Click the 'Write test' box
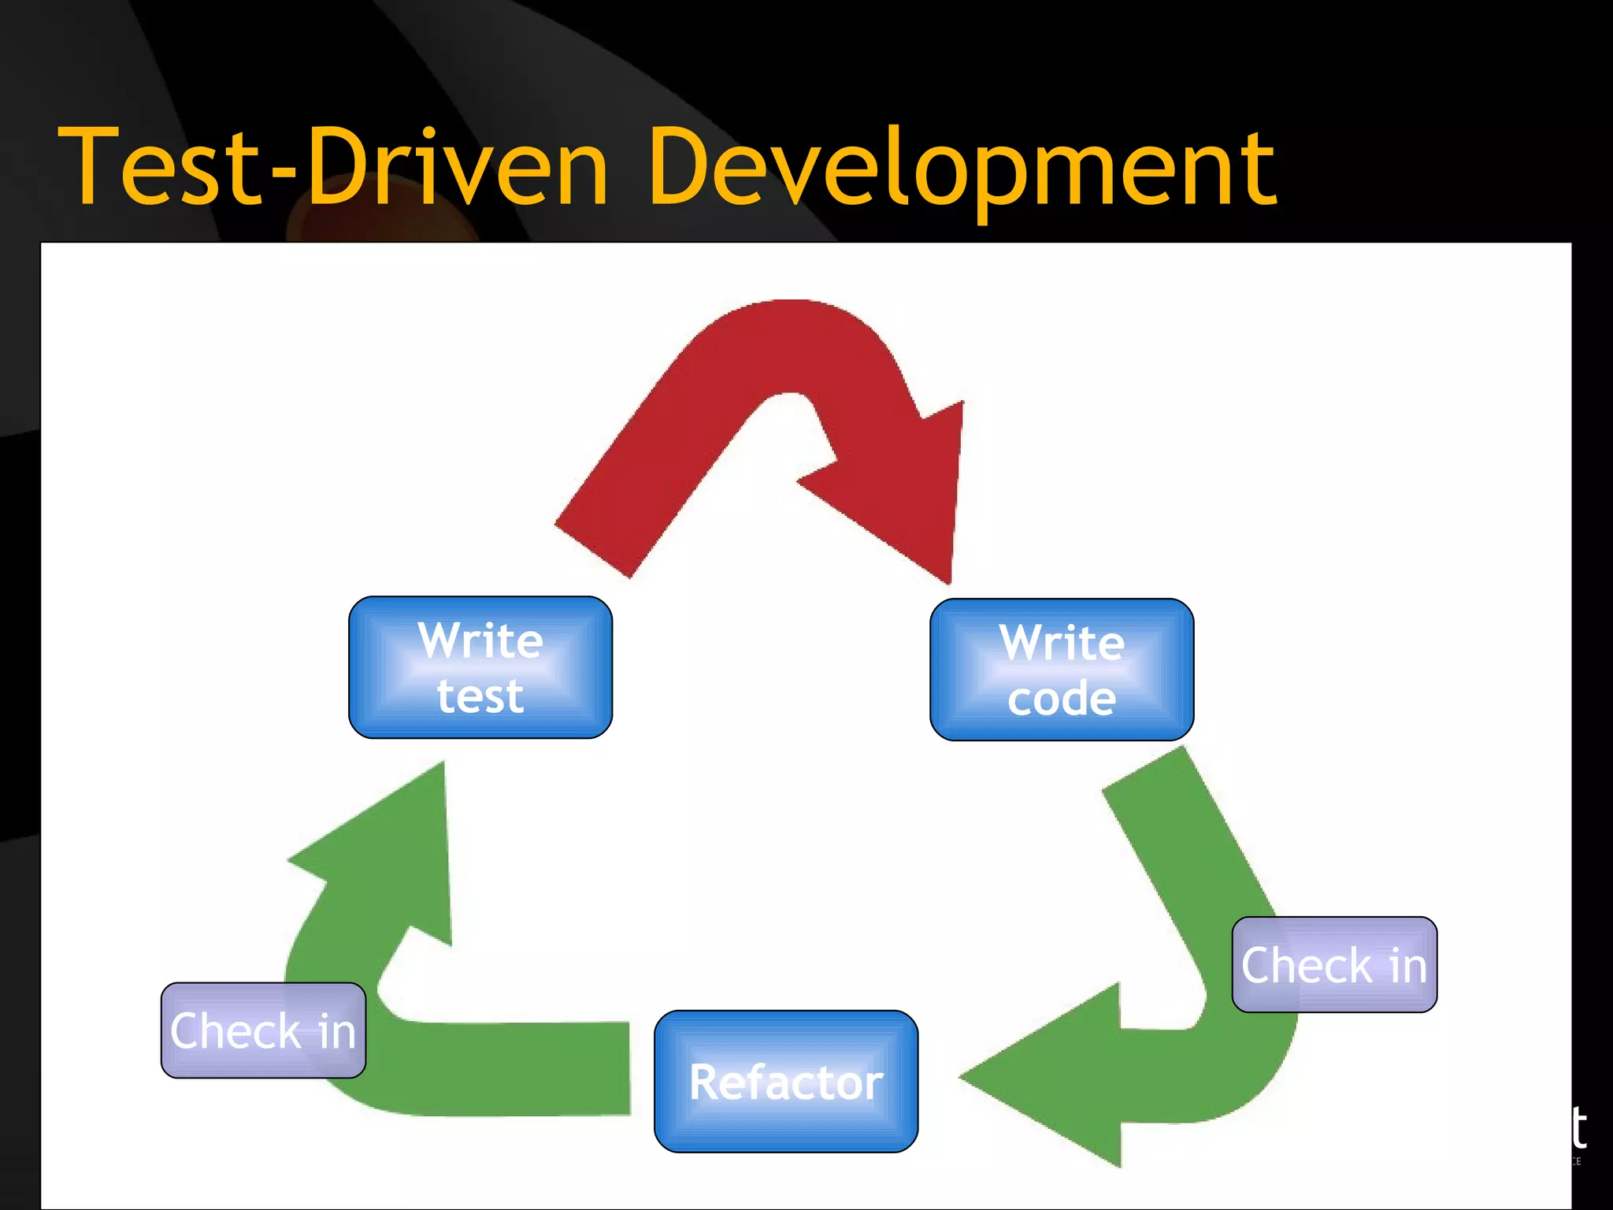480,667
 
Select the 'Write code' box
1062,670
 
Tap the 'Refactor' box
786,1082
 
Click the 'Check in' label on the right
1334,965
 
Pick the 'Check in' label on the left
263,1030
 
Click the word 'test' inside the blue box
480,696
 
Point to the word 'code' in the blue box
1062,699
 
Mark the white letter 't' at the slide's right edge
1578,1127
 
